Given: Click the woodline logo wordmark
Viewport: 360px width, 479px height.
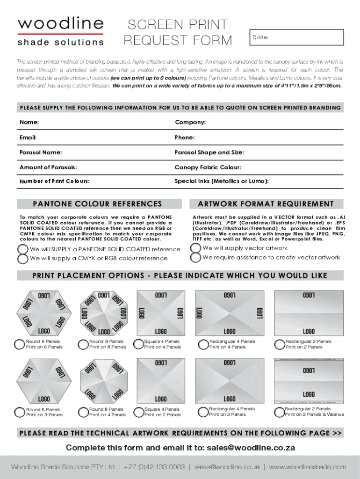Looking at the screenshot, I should tap(61, 23).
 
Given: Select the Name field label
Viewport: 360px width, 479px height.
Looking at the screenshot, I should tap(29, 123).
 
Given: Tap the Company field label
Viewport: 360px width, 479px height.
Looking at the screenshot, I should tap(190, 123).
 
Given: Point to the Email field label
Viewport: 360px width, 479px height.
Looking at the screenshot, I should tap(28, 138).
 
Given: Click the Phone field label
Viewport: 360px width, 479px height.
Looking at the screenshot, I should tap(185, 138).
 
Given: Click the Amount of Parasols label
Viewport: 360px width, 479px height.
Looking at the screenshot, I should tap(48, 167).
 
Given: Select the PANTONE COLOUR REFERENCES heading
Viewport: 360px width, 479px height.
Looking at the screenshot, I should tap(97, 204).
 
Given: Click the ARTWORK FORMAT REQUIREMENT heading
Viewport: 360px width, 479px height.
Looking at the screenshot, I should tap(266, 204).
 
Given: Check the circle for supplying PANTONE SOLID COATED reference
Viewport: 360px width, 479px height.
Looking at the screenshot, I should tap(23, 249).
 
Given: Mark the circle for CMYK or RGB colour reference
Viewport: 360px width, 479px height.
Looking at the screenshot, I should tap(23, 259).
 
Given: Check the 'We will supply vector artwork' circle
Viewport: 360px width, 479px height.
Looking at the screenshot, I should tap(196, 248).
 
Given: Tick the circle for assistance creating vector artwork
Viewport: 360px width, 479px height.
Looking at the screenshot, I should tap(196, 258).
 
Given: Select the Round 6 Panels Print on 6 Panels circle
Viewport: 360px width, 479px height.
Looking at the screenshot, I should tap(20, 344).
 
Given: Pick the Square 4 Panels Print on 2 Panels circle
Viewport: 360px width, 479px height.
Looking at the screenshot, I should tap(138, 412).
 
